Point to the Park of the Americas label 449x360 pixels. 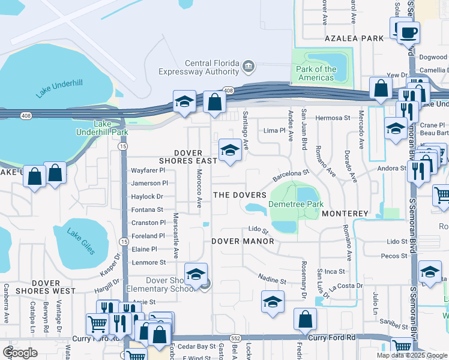pyautogui.click(x=316, y=73)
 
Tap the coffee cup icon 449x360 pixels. pyautogui.click(x=409, y=32)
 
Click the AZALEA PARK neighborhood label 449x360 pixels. pyautogui.click(x=363, y=38)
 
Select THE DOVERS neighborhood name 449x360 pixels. pyautogui.click(x=240, y=196)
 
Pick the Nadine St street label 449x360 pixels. pyautogui.click(x=271, y=279)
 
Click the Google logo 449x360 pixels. pyautogui.click(x=20, y=352)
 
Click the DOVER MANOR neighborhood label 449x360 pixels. pyautogui.click(x=243, y=241)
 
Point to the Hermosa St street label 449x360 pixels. pyautogui.click(x=333, y=118)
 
